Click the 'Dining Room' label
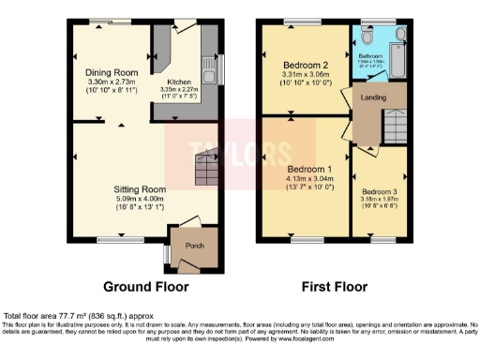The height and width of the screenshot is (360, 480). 112,72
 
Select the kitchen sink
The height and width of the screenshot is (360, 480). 213,67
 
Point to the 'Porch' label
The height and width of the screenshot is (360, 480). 195,247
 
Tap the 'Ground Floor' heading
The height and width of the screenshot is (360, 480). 145,287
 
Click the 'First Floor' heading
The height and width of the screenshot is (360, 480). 332,287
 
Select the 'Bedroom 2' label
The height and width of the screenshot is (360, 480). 305,65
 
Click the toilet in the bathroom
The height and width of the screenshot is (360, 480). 368,37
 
